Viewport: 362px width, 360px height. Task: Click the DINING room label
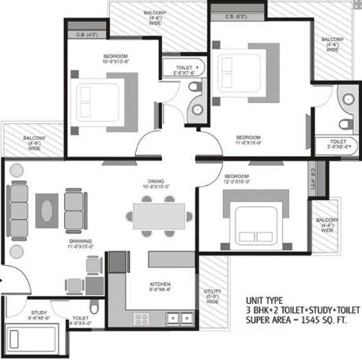[156, 180]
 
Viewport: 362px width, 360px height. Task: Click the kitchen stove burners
[143, 318]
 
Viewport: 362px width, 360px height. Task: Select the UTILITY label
[213, 291]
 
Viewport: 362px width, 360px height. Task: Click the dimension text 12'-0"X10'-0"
[236, 181]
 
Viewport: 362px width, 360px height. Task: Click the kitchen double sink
[178, 318]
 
